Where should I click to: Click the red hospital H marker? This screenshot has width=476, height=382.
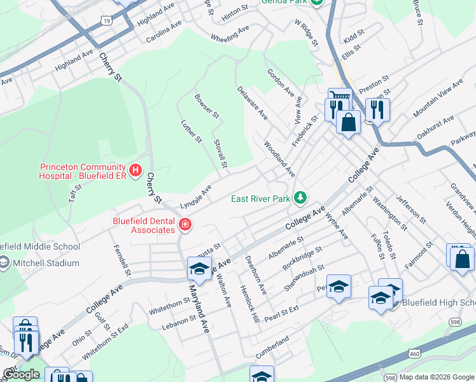135,170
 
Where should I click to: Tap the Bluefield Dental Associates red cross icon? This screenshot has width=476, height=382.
185,225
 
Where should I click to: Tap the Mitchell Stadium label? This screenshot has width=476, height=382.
45,263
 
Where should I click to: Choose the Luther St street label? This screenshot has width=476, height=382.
191,131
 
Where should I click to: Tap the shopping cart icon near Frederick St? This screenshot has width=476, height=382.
340,99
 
